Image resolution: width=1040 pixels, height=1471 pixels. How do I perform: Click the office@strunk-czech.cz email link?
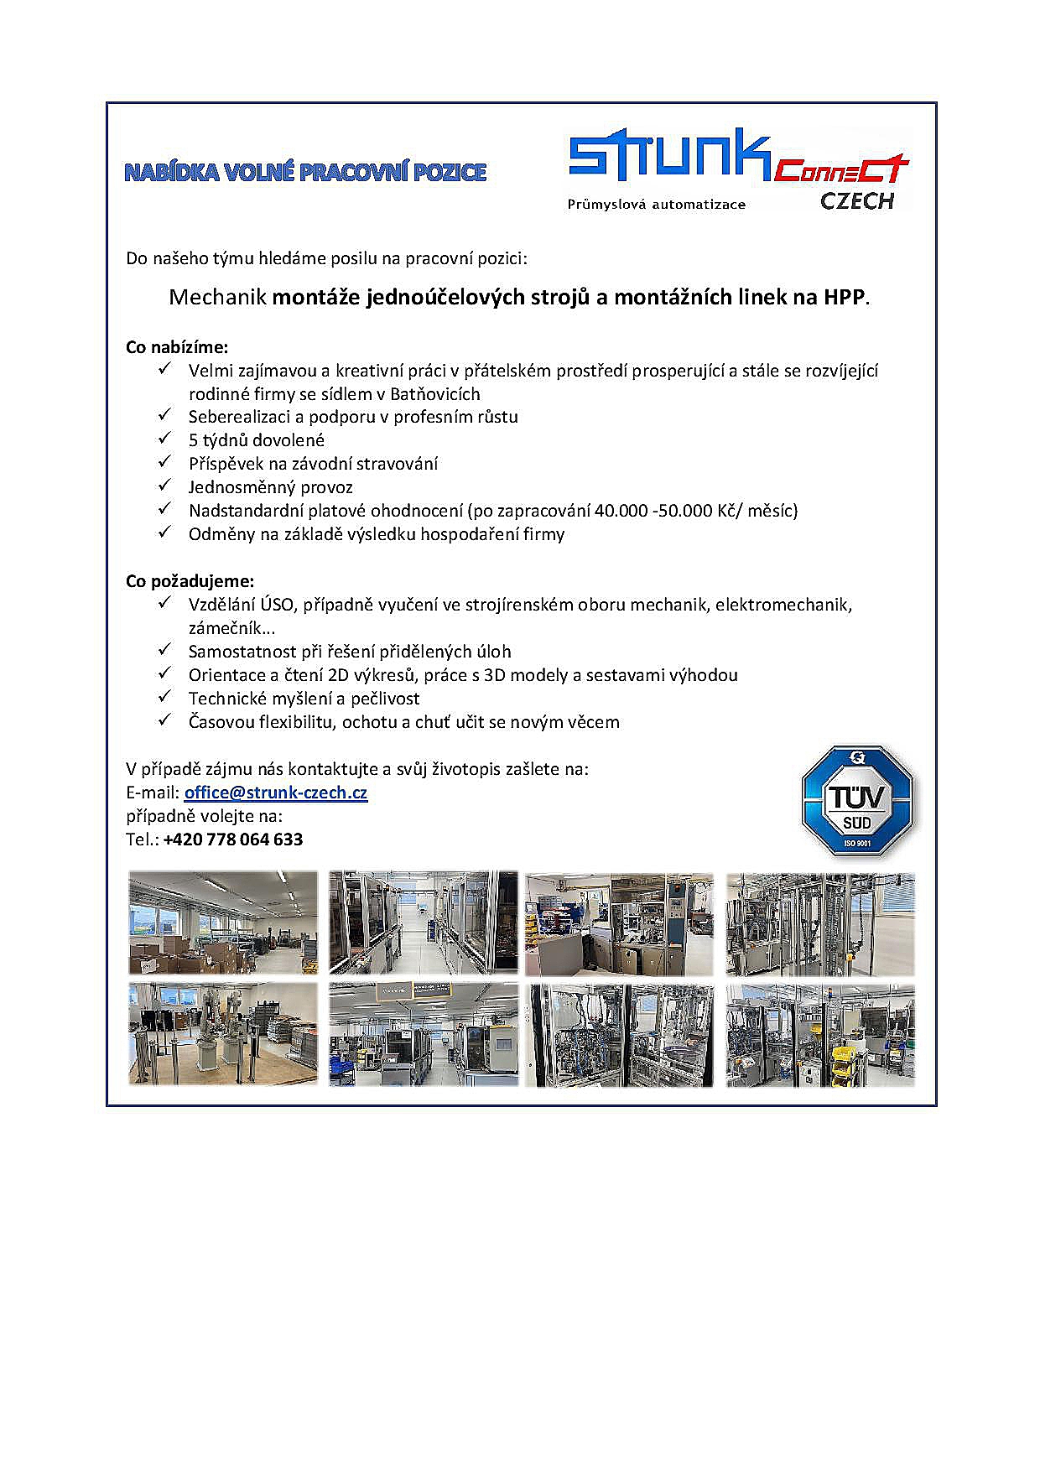click(275, 793)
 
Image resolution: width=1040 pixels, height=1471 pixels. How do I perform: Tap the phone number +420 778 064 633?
click(233, 839)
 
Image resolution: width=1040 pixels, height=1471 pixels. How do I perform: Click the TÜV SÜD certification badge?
click(856, 801)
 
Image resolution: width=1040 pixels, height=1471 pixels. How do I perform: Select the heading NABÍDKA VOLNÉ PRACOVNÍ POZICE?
click(305, 173)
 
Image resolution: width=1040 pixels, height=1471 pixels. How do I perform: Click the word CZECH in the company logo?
click(856, 201)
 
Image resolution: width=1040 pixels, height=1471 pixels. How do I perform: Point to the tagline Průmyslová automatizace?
click(656, 205)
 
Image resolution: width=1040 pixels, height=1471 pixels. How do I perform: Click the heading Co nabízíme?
click(177, 347)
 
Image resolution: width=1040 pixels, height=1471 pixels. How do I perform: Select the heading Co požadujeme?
click(190, 581)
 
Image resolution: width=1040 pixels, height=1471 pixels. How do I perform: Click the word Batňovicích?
click(435, 394)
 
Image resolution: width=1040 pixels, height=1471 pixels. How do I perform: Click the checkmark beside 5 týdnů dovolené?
click(164, 439)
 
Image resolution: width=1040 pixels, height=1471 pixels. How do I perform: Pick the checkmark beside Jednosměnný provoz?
click(164, 486)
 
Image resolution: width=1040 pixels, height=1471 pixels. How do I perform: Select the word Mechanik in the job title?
click(217, 297)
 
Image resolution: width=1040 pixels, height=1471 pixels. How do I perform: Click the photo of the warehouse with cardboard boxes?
click(223, 923)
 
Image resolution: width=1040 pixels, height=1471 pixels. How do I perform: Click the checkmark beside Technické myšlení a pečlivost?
click(164, 697)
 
